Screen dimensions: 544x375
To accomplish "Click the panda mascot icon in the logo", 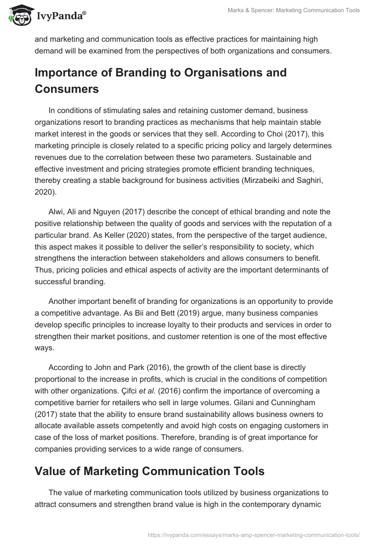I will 18,16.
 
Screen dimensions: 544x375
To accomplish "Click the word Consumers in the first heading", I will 67,89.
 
